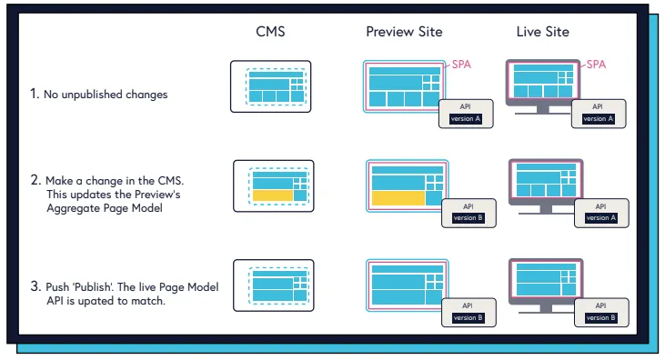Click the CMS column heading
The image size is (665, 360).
pos(270,33)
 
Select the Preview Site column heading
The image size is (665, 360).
pos(404,33)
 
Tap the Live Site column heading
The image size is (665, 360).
pos(542,33)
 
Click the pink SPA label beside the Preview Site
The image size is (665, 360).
pos(462,65)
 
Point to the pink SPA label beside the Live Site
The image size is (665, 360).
pos(596,65)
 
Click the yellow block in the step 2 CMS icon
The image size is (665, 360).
pos(272,195)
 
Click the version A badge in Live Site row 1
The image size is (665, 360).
pos(599,119)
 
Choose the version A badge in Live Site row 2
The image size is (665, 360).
pos(599,218)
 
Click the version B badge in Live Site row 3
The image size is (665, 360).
pos(599,318)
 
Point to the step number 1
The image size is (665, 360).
pos(34,93)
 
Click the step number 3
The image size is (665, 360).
pos(34,288)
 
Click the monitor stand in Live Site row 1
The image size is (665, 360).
pos(544,108)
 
